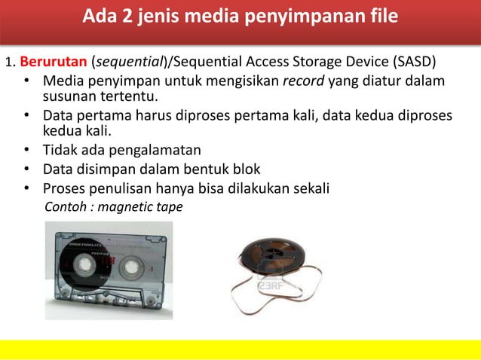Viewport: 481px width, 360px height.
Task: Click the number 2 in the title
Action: tap(124, 15)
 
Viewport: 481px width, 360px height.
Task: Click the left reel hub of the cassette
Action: tap(85, 266)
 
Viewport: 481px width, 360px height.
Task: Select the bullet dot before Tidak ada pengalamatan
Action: tap(26, 150)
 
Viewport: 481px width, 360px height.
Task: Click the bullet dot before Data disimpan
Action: tap(26, 169)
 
